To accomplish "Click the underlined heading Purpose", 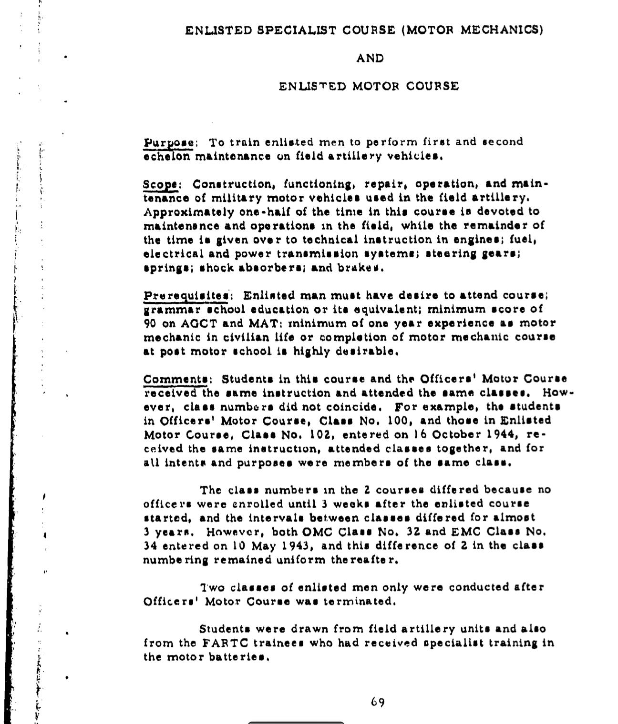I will pyautogui.click(x=168, y=142).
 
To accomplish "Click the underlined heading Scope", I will pyautogui.click(x=160, y=184).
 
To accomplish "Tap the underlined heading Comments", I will pyautogui.click(x=175, y=379).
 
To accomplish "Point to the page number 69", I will pyautogui.click(x=378, y=702).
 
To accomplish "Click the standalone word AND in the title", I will pyautogui.click(x=370, y=58).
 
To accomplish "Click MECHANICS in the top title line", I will pyautogui.click(x=502, y=30).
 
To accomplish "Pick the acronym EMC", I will pyautogui.click(x=467, y=532).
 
